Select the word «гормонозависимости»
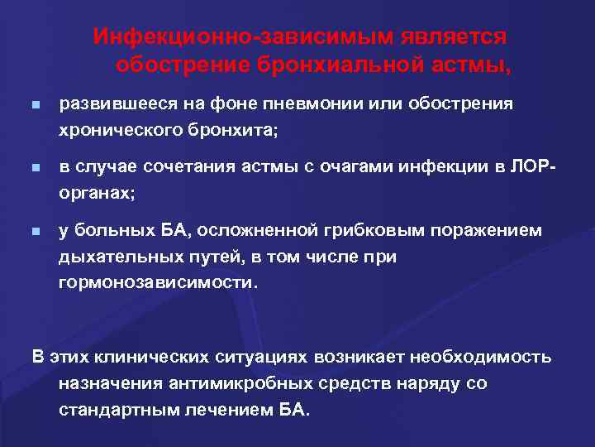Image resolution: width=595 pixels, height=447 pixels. [157, 281]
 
